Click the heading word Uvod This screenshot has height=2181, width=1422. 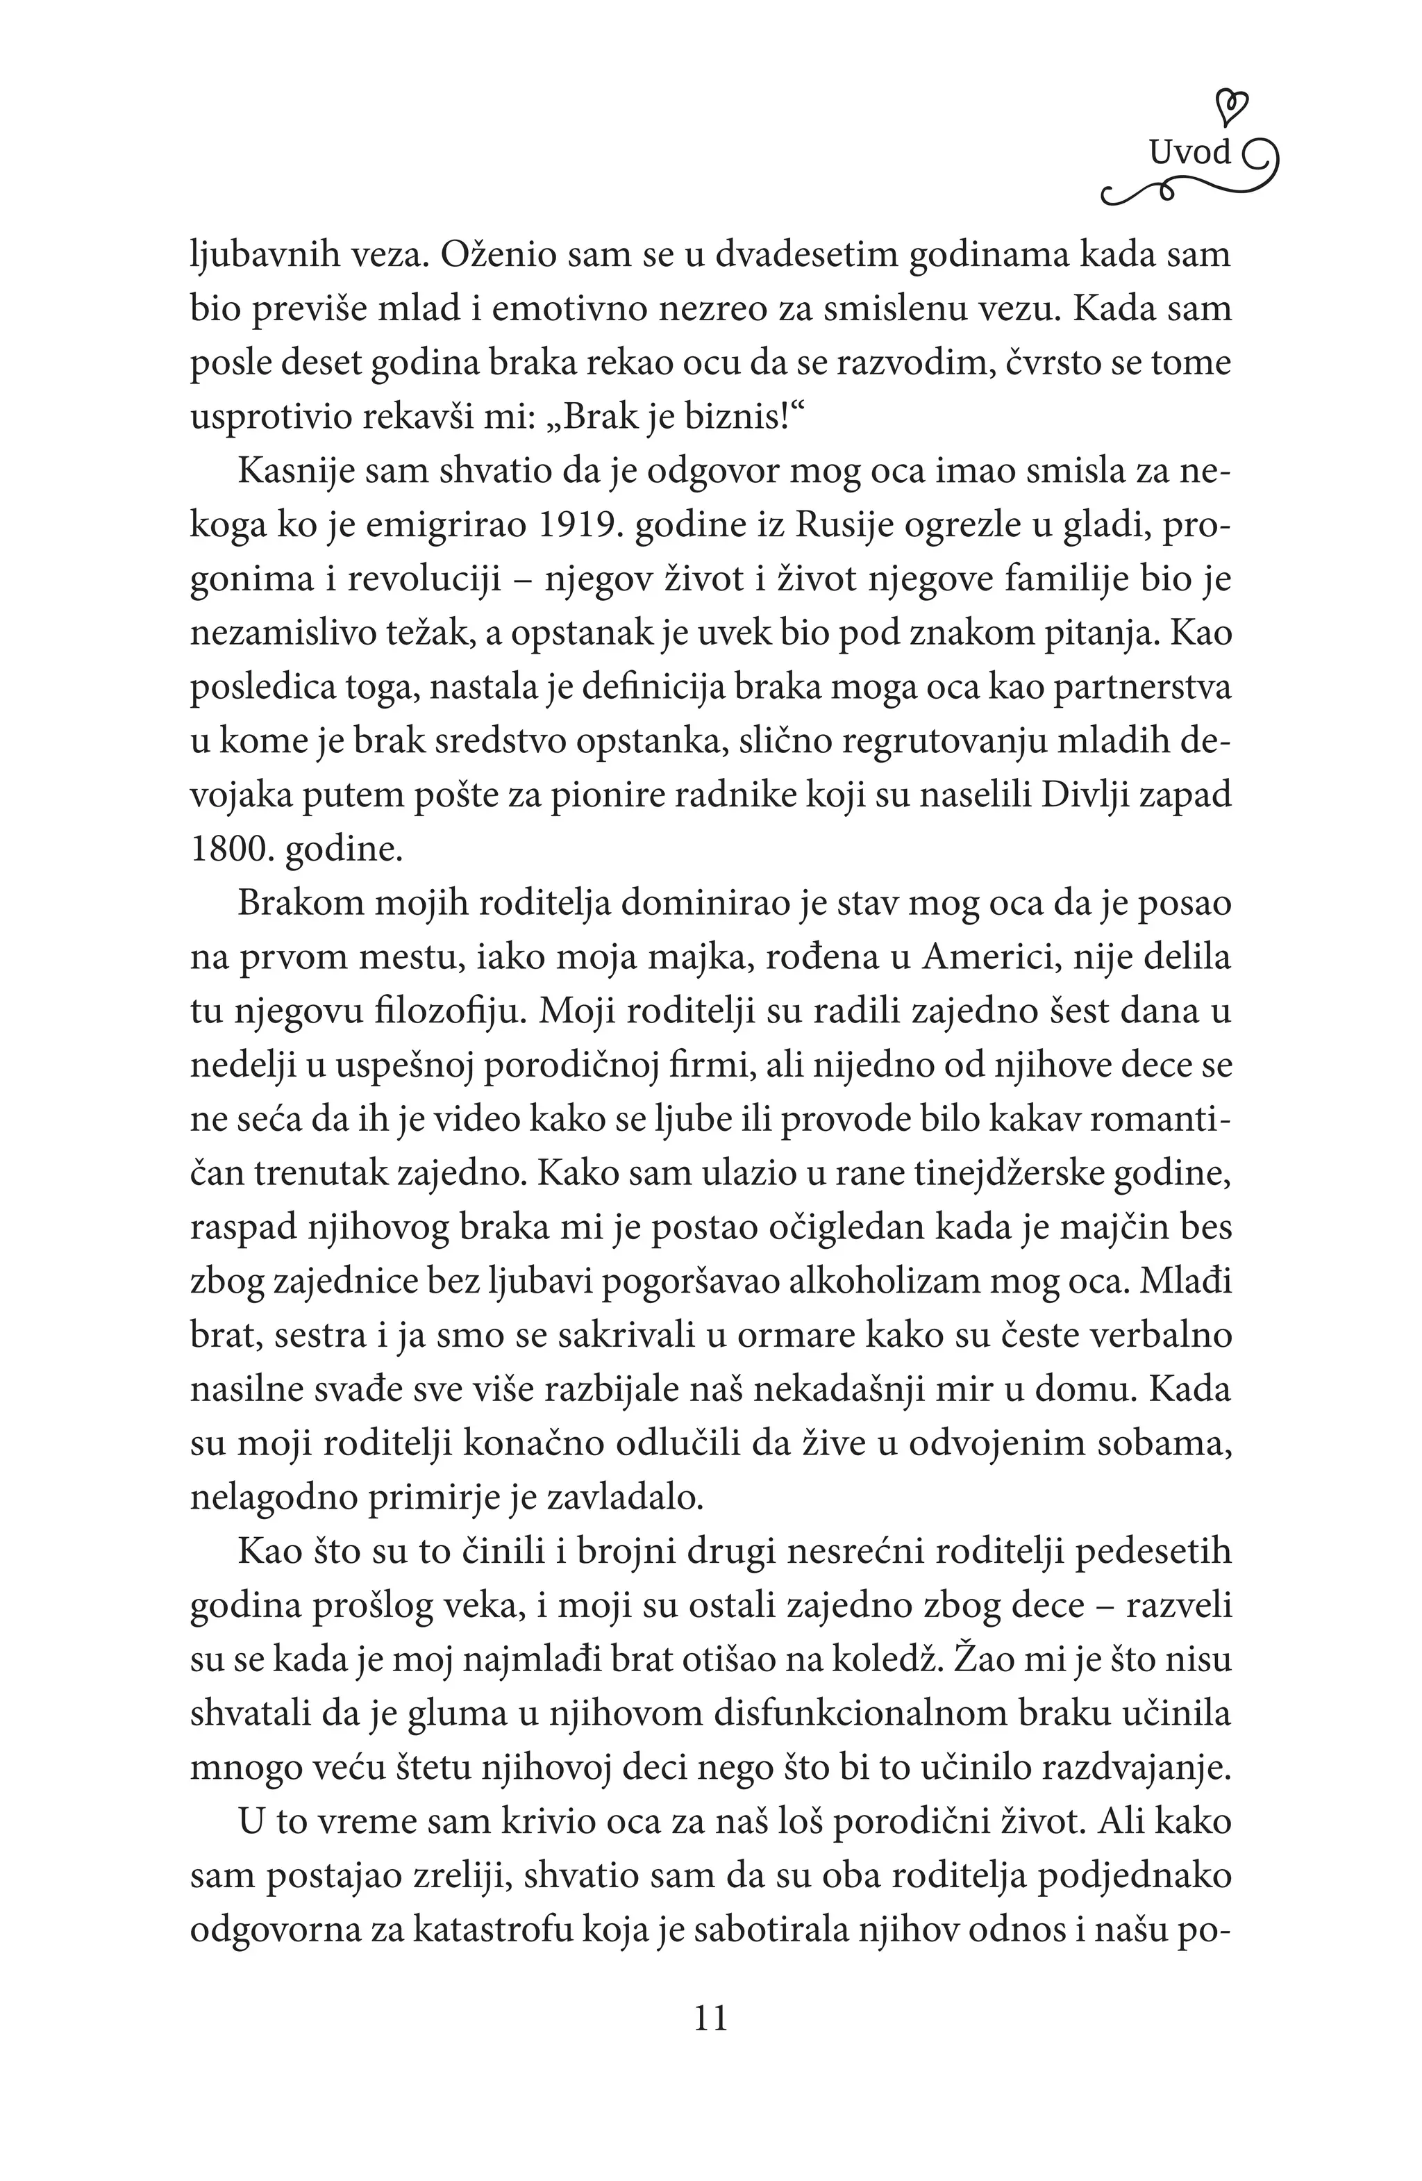pos(1190,153)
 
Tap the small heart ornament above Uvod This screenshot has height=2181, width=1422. pos(1236,106)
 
